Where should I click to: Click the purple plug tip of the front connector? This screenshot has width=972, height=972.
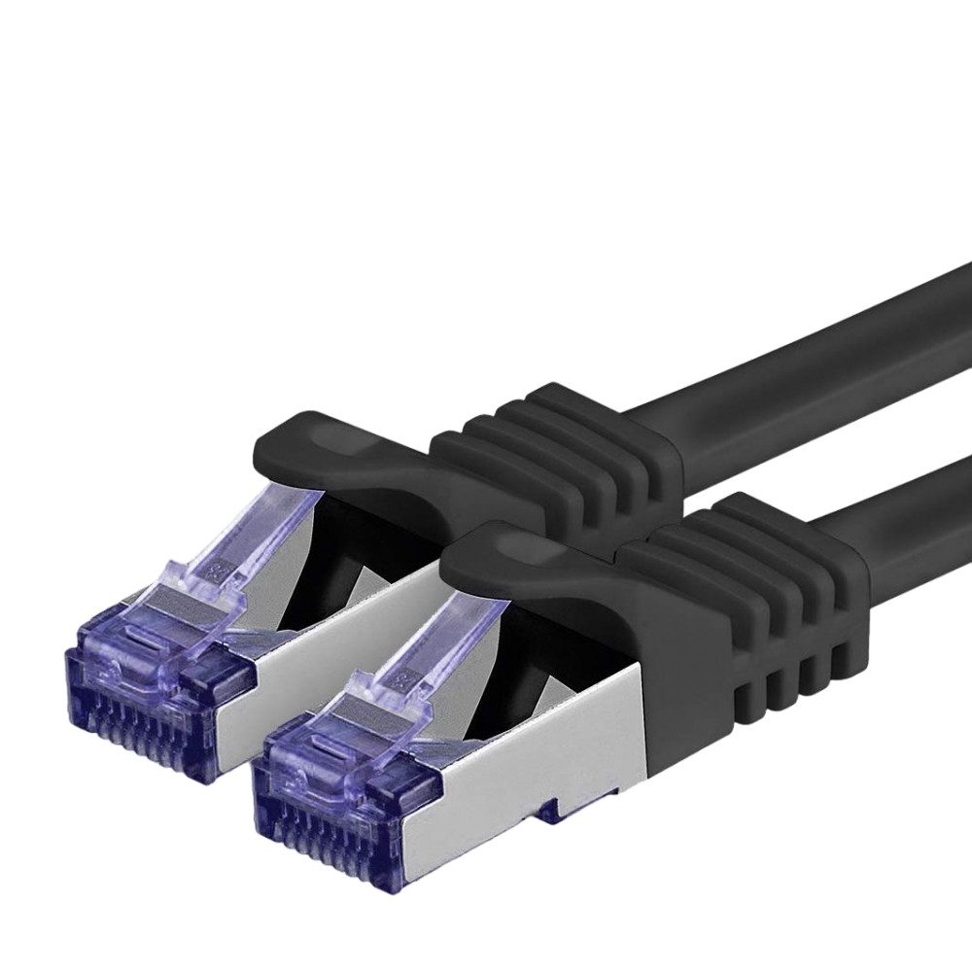330,797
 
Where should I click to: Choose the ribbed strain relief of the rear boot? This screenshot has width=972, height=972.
554,437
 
